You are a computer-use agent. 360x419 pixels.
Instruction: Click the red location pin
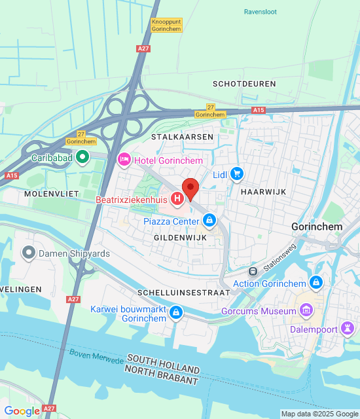[190, 189]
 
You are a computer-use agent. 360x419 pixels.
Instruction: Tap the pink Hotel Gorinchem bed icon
[124, 160]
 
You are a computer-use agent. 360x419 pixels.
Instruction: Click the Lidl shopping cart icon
[237, 174]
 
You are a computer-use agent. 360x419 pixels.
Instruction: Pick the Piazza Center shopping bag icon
[209, 221]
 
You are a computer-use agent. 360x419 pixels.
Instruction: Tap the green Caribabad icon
[82, 157]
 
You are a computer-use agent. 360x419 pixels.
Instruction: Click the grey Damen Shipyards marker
[28, 252]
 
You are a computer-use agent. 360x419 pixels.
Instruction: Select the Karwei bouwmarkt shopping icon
[175, 313]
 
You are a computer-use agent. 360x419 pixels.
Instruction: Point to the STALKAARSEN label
[173, 137]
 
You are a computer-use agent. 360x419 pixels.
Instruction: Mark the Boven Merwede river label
[97, 357]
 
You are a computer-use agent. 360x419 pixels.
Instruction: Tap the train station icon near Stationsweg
[253, 271]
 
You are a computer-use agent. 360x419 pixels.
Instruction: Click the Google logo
[22, 411]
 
